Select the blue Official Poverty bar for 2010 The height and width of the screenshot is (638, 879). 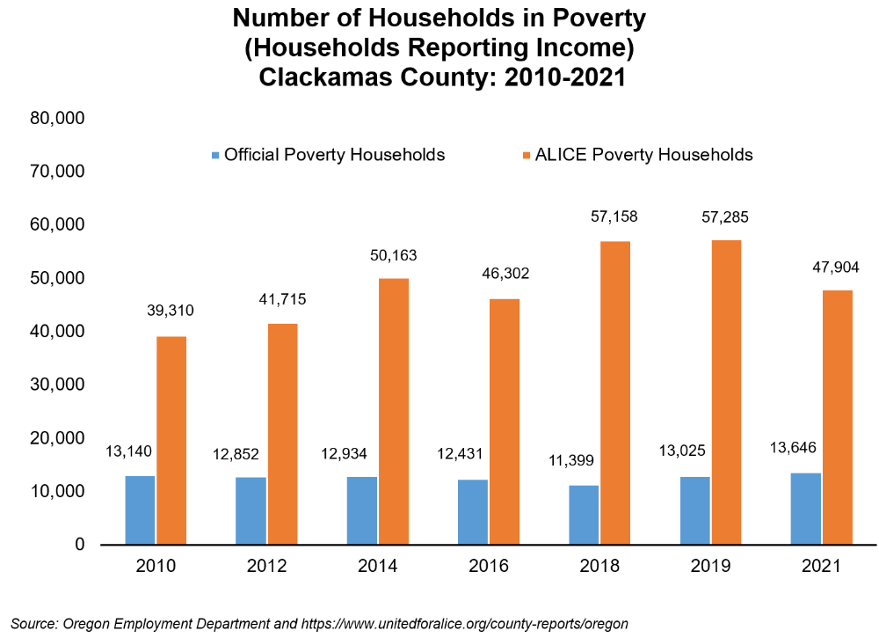[141, 510]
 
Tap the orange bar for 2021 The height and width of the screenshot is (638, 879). [837, 417]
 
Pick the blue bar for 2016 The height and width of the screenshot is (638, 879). [473, 512]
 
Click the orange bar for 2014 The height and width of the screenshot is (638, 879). [394, 411]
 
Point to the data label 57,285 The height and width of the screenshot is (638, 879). [726, 216]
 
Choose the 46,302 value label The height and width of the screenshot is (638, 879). [504, 275]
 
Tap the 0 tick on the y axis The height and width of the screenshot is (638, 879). [79, 545]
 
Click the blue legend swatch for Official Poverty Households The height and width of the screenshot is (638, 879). [215, 155]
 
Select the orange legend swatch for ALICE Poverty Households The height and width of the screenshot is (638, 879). [527, 155]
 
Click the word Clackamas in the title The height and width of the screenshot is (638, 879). [320, 77]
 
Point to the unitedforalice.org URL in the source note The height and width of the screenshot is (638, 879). [465, 624]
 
